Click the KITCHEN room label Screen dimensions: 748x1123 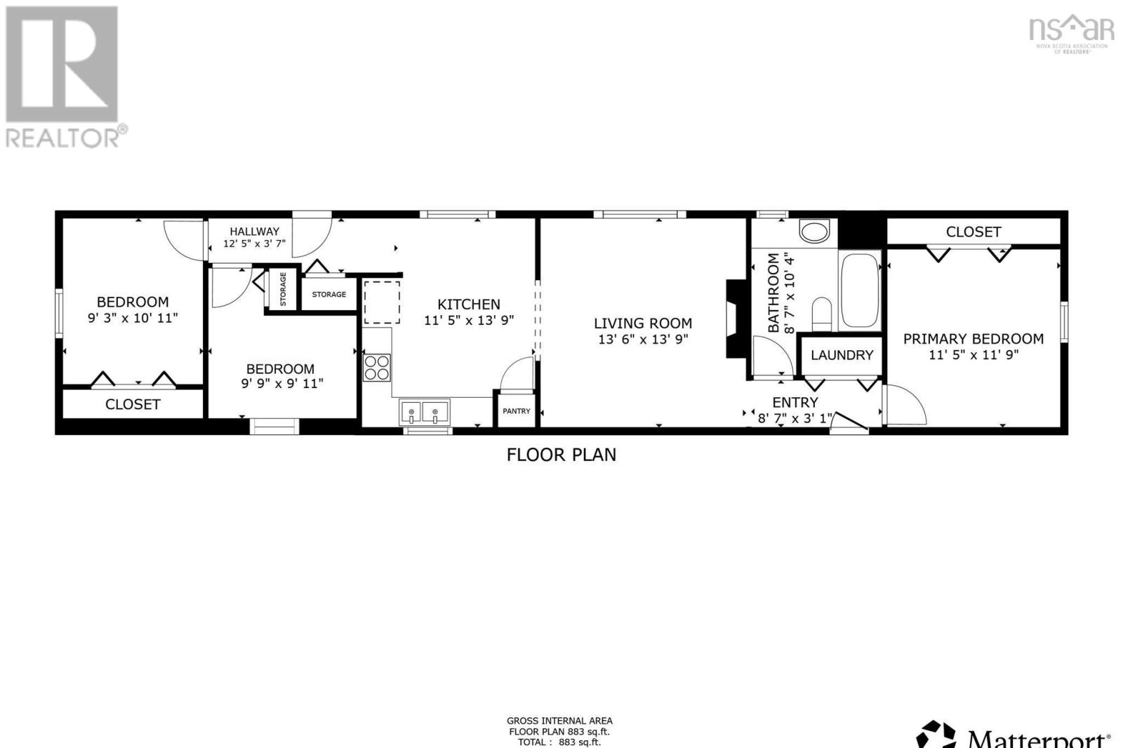[x=469, y=304]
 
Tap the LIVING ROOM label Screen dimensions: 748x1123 [x=643, y=323]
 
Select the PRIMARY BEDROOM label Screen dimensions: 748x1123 [x=973, y=339]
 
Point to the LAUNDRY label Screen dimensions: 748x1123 [x=842, y=355]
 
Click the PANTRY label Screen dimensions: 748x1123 [x=517, y=411]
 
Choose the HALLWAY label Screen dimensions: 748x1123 [x=254, y=231]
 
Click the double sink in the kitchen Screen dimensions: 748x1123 [x=425, y=411]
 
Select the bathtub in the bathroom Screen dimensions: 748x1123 [x=860, y=290]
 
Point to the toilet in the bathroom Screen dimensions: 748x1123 [x=821, y=313]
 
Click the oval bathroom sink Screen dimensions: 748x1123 [x=814, y=231]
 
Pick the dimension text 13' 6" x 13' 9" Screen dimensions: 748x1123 [x=643, y=340]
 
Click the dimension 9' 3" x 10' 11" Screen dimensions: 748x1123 [x=133, y=318]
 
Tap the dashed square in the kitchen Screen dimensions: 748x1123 [x=382, y=302]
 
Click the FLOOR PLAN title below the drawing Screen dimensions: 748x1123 [x=561, y=455]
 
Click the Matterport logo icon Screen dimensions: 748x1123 [x=936, y=735]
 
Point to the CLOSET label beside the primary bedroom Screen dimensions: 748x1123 [x=973, y=232]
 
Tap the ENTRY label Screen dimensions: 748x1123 [x=795, y=402]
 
